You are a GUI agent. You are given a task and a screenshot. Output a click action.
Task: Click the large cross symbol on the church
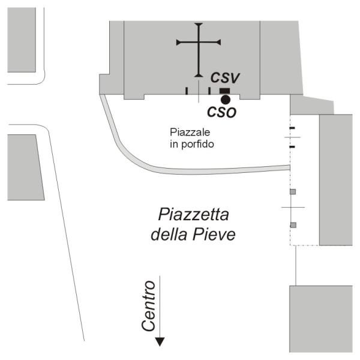(x=198, y=43)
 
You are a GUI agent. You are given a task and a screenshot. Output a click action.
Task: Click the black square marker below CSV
(x=224, y=90)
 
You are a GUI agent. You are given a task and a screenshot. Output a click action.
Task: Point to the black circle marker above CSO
(x=225, y=99)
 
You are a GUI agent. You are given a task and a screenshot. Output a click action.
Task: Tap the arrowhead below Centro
(x=160, y=342)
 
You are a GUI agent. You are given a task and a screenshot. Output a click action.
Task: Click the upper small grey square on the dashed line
(x=293, y=192)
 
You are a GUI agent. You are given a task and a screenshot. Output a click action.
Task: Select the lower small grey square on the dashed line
(x=293, y=225)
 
